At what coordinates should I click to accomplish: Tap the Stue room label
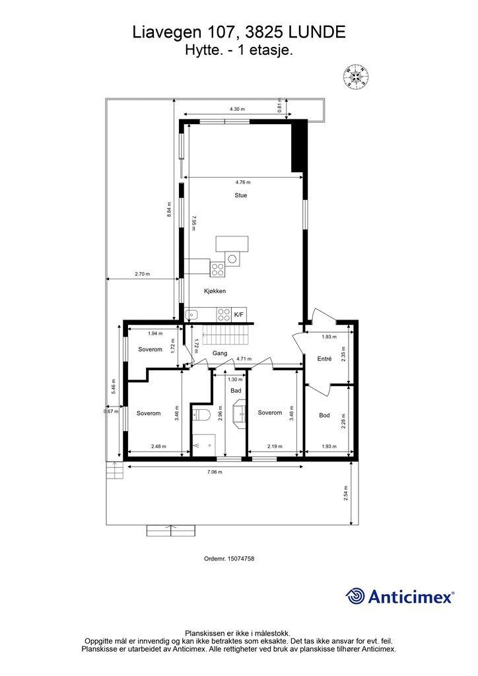point(240,195)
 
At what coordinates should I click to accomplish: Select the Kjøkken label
point(215,290)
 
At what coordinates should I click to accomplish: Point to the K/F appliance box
point(239,316)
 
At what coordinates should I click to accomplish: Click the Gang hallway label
point(220,353)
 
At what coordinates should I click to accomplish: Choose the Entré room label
point(325,359)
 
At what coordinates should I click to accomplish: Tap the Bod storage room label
point(324,415)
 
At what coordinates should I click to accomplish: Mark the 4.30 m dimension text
point(237,109)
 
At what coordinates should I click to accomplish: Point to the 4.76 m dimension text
point(242,182)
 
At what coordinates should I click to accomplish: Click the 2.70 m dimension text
point(143,274)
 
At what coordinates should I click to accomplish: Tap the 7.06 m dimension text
point(215,472)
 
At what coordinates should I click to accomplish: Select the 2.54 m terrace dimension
point(347,492)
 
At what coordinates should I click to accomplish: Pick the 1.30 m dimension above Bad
point(235,380)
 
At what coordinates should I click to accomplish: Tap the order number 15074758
point(240,558)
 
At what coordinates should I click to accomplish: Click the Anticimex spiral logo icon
point(355,596)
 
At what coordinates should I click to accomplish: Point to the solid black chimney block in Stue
point(298,147)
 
